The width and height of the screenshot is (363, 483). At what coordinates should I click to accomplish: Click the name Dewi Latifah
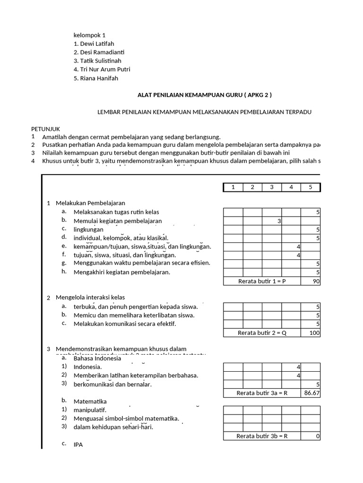click(94, 44)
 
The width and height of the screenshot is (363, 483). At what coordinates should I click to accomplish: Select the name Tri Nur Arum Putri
click(102, 70)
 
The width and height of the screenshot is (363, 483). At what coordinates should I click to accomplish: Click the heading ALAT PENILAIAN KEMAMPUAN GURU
click(204, 95)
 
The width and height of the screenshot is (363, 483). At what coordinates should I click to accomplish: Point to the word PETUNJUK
click(45, 129)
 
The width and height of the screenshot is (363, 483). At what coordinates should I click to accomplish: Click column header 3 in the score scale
click(272, 187)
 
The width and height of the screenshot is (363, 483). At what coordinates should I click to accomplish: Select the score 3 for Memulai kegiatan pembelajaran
click(279, 221)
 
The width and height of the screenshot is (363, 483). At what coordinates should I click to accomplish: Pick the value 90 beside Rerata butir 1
click(315, 282)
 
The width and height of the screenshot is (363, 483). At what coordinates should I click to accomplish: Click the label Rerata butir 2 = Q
click(261, 333)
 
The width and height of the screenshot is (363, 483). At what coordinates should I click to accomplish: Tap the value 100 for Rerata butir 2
click(315, 333)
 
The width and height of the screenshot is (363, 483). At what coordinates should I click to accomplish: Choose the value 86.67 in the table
click(311, 392)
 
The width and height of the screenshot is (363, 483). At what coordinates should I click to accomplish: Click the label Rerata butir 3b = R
click(262, 436)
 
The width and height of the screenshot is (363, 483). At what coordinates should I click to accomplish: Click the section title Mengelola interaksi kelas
click(90, 297)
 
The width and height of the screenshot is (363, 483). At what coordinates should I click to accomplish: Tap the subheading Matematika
click(90, 401)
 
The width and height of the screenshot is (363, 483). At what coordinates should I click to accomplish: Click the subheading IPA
click(78, 444)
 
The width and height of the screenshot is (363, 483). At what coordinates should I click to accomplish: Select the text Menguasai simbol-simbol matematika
click(126, 418)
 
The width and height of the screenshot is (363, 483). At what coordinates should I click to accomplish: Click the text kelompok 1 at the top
click(89, 35)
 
